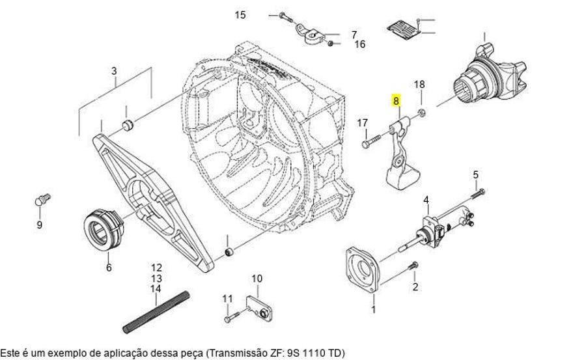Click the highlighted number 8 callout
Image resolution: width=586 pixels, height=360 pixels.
click(x=396, y=101)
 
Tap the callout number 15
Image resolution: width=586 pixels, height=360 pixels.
click(x=241, y=14)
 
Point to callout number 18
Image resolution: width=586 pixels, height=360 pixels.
click(x=419, y=85)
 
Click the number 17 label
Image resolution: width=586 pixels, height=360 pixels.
click(x=363, y=122)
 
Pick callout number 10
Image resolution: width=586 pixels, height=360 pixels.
click(x=257, y=279)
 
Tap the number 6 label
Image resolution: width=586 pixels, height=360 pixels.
click(x=109, y=267)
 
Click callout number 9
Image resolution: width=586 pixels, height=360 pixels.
click(x=39, y=225)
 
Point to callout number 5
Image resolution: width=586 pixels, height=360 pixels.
click(x=475, y=174)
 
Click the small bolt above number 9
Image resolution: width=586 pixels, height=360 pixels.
click(x=41, y=200)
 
